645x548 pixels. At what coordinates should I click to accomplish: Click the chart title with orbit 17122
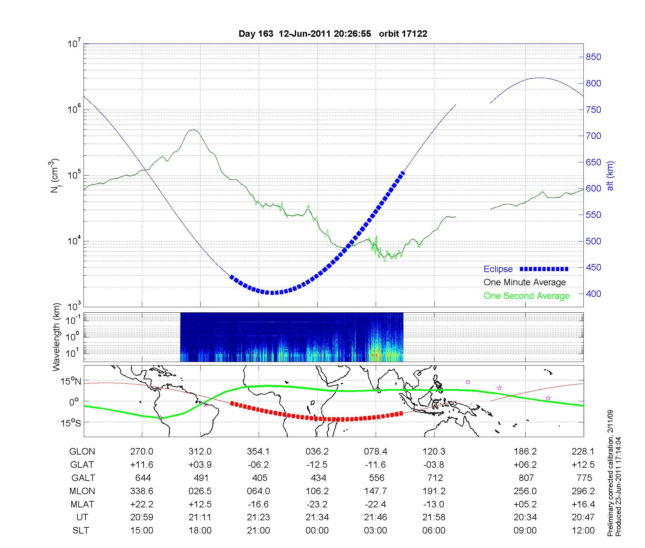pos(333,34)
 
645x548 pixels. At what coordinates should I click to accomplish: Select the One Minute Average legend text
pos(525,282)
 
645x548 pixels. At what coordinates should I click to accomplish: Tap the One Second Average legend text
pos(526,296)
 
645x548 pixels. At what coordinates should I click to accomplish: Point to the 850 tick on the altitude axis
pos(593,57)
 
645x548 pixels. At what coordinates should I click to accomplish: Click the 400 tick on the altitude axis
pos(593,294)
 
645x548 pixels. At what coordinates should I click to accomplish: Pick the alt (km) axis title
pos(610,176)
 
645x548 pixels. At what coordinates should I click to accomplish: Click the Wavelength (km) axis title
pos(56,337)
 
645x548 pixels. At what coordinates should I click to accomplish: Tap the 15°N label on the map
pos(71,381)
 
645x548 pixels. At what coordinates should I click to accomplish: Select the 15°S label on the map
pos(71,422)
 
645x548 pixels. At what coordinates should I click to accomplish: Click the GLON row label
pos(82,452)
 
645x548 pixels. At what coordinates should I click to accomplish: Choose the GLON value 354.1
pos(258,452)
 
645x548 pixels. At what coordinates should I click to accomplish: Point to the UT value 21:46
pos(376,517)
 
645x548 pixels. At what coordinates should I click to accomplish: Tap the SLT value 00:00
pos(317,531)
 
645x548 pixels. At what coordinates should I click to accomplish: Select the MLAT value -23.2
pos(317,504)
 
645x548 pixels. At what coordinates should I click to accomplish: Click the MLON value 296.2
pos(583,491)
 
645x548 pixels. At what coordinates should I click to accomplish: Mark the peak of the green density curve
pos(193,130)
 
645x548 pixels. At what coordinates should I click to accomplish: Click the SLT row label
pos(81,531)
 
